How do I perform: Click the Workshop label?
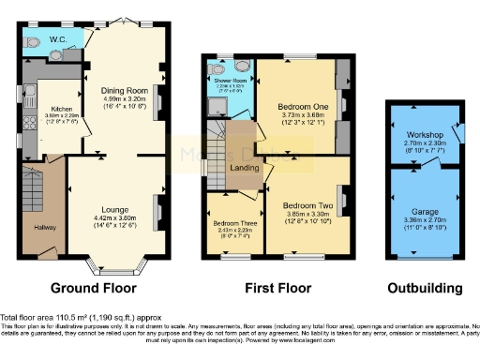tap(420, 133)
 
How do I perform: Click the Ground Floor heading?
tap(93, 288)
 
